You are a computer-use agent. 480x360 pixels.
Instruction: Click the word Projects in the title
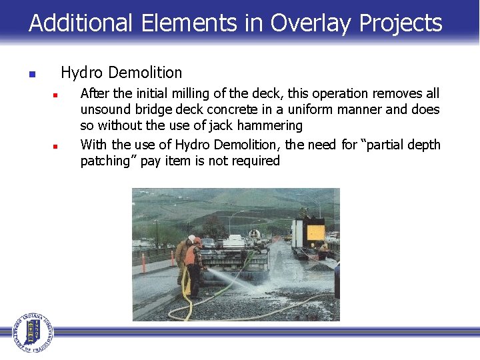point(401,23)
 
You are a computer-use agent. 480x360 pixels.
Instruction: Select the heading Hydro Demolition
point(121,72)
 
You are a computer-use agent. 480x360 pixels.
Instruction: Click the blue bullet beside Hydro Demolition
point(31,74)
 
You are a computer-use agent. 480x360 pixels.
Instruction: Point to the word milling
point(189,93)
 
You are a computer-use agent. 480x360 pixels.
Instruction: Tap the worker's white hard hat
point(192,238)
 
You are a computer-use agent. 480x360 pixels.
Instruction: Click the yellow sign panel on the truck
point(315,233)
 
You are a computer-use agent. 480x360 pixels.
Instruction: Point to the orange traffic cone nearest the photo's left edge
point(144,264)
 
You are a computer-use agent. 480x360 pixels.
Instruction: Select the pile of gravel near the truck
point(319,266)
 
